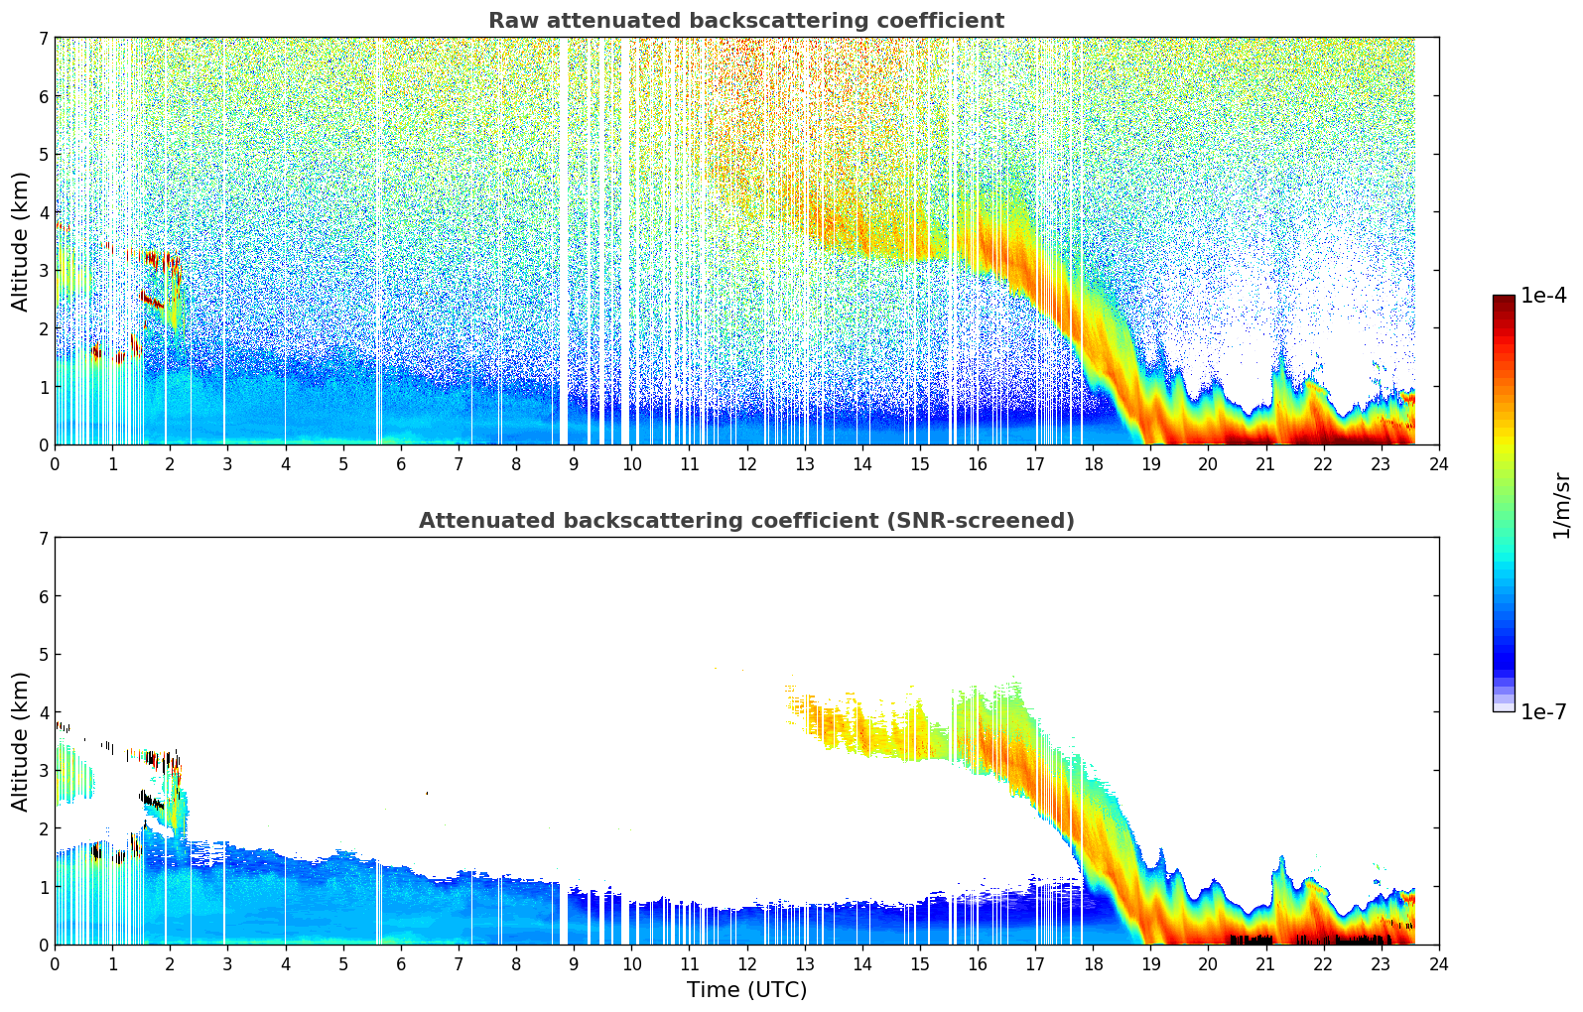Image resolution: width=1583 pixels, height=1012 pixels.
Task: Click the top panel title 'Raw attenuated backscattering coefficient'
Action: pos(745,21)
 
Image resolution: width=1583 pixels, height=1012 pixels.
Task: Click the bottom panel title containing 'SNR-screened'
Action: pos(745,521)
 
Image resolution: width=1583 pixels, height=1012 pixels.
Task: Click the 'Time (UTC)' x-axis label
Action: pos(746,990)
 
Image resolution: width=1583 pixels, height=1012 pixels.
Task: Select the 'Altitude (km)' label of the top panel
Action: pos(21,241)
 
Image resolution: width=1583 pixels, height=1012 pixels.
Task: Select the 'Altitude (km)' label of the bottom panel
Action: pos(21,741)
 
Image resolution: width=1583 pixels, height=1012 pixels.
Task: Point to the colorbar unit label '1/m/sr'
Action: pos(1561,505)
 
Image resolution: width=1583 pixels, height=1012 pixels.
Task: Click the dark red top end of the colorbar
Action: pos(1503,300)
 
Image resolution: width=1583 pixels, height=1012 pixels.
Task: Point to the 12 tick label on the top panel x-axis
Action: pos(746,463)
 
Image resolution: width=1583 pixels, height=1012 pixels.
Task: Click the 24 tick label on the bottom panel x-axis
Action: pos(1438,963)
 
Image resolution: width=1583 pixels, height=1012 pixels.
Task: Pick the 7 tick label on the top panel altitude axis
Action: pos(43,39)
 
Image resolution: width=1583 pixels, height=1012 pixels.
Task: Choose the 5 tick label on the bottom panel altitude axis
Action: pos(43,655)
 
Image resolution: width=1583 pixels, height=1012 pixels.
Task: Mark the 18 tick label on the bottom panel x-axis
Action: pos(1093,963)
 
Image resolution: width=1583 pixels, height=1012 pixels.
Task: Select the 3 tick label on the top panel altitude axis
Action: pos(43,271)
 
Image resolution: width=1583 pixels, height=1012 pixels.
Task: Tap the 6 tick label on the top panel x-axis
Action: pos(401,463)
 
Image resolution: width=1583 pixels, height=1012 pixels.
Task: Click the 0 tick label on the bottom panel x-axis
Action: pos(55,963)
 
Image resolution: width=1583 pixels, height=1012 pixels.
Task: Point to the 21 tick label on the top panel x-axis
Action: pos(1265,463)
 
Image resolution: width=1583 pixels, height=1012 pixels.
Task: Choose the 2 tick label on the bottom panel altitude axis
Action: pos(43,828)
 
